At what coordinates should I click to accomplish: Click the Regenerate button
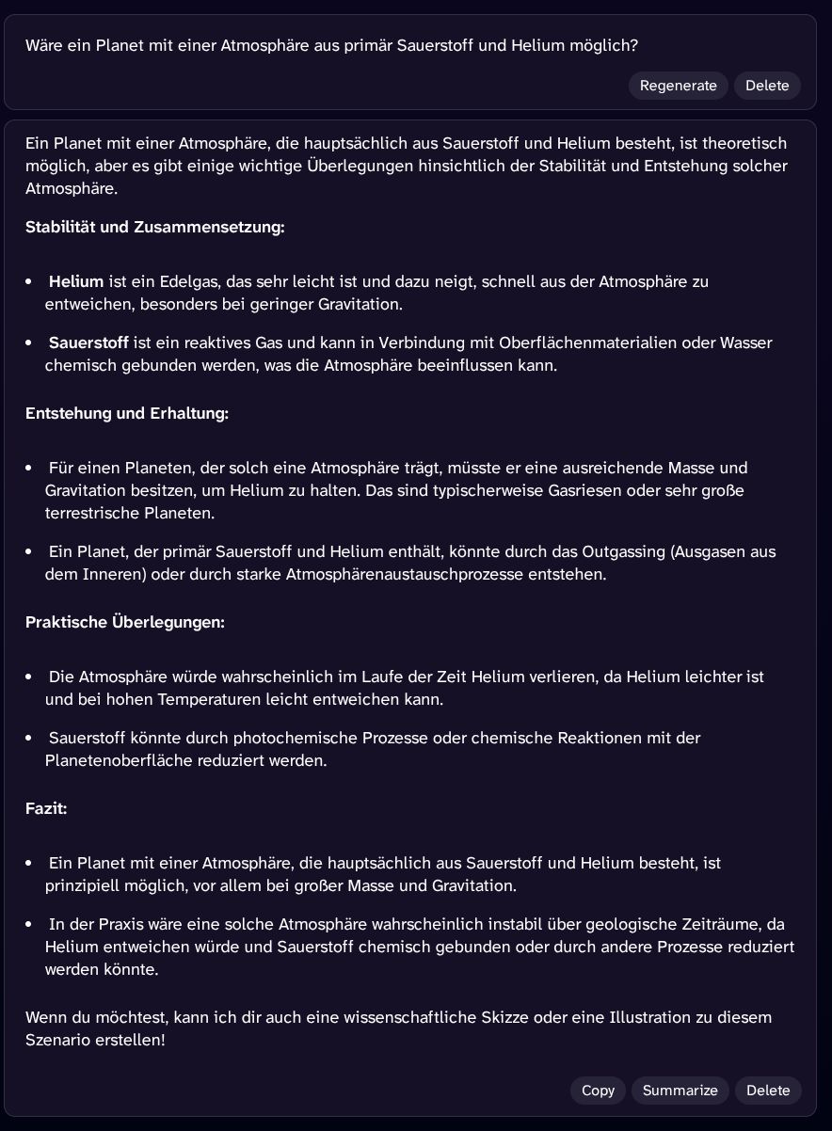(678, 86)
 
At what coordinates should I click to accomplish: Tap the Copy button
(598, 1091)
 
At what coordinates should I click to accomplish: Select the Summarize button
(680, 1091)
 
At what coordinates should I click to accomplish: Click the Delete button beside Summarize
(768, 1091)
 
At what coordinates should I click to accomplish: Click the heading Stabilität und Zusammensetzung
(154, 227)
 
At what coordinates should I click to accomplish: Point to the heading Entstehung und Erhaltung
(127, 413)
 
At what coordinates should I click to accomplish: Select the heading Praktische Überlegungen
(125, 622)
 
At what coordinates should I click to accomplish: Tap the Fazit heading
(46, 808)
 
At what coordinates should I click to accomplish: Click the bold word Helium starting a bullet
(76, 281)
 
